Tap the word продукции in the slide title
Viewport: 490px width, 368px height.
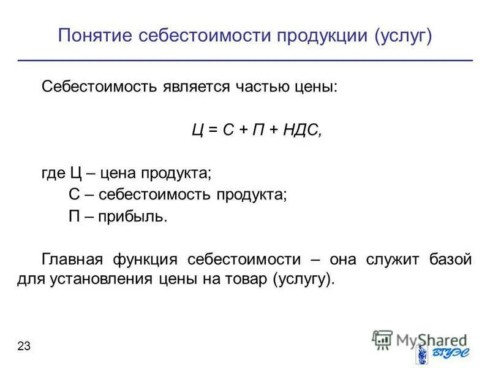click(318, 36)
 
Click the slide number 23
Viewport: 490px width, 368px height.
click(24, 347)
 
